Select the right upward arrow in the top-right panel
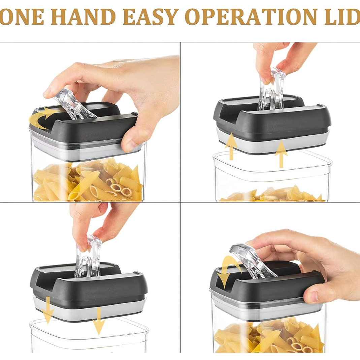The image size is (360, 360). (x=281, y=155)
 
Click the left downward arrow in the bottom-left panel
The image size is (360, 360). (x=48, y=310)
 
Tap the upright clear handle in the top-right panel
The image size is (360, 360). (x=272, y=90)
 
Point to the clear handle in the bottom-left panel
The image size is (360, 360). (x=88, y=257)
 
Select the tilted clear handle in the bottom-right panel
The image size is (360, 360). (x=253, y=261)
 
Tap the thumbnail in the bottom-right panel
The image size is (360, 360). (x=312, y=296)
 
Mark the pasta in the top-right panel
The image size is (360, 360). (x=272, y=194)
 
